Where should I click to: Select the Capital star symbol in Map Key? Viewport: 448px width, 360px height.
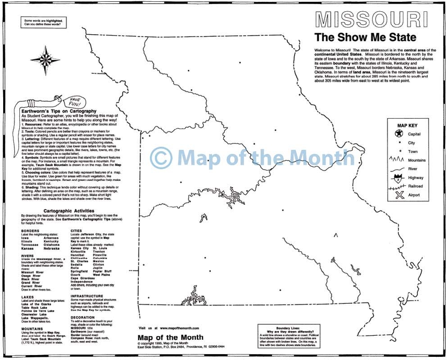pyautogui.click(x=398, y=134)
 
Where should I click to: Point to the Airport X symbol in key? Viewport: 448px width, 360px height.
pyautogui.click(x=399, y=195)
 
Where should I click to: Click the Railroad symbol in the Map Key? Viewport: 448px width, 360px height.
pyautogui.click(x=398, y=186)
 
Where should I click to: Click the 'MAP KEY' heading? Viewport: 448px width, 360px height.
pyautogui.click(x=407, y=125)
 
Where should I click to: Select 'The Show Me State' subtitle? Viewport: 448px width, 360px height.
pyautogui.click(x=365, y=37)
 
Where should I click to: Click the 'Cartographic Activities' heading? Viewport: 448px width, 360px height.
pyautogui.click(x=69, y=211)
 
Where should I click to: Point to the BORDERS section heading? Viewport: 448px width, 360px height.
pyautogui.click(x=30, y=230)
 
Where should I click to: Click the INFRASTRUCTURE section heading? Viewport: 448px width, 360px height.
pyautogui.click(x=90, y=296)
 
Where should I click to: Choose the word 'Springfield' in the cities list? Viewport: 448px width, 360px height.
pyautogui.click(x=80, y=271)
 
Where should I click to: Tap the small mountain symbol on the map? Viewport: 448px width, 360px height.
pyautogui.click(x=335, y=234)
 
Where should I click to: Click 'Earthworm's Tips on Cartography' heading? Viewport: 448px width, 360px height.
pyautogui.click(x=59, y=111)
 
